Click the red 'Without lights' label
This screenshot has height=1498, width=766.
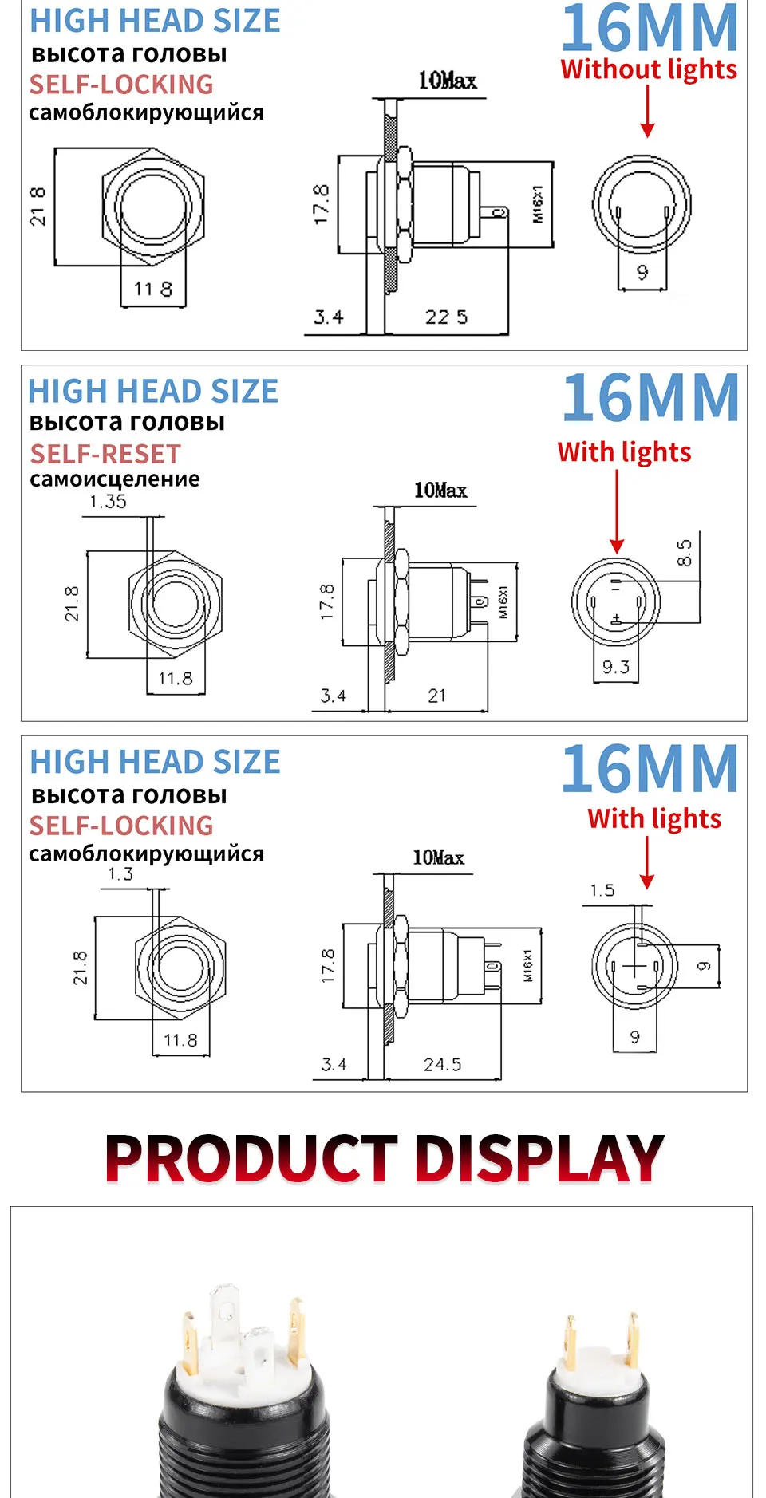(x=649, y=70)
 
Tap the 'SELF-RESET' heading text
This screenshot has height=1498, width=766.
(x=105, y=455)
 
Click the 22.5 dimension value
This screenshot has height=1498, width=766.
(x=446, y=317)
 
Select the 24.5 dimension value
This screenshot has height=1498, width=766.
(x=443, y=1065)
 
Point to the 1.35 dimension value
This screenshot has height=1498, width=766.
(x=108, y=502)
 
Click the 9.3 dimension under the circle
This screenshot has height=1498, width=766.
(x=616, y=668)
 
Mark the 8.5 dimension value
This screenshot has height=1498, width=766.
(x=685, y=553)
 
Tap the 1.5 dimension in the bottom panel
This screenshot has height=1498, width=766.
(x=602, y=891)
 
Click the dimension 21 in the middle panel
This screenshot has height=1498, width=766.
(x=436, y=696)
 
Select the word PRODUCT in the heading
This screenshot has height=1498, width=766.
(x=251, y=1159)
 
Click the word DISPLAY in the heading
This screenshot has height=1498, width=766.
(x=540, y=1159)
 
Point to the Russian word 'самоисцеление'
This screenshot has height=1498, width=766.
(x=115, y=479)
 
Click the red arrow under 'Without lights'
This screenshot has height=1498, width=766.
(x=647, y=111)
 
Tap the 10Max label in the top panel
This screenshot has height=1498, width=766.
(x=448, y=81)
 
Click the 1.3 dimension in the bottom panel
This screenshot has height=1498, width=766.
(x=120, y=874)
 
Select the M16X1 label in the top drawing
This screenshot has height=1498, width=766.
(x=538, y=204)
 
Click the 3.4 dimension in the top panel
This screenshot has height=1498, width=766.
(x=329, y=317)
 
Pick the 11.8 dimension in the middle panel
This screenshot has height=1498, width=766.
(x=176, y=679)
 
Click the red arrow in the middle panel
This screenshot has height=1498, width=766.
(x=617, y=511)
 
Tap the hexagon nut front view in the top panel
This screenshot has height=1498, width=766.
(x=152, y=207)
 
